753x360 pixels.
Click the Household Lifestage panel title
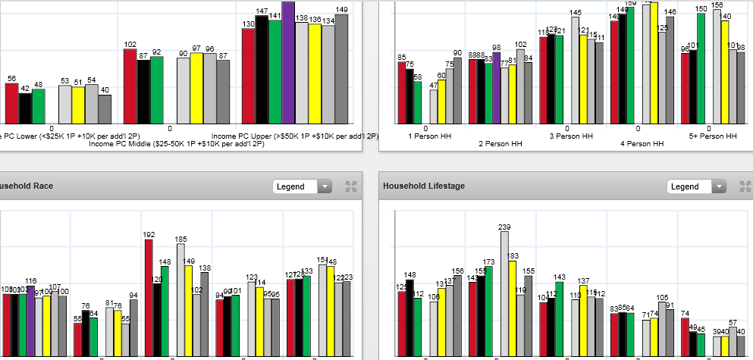tap(424, 186)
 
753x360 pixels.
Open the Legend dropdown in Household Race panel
tap(302, 186)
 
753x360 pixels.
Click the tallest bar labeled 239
tap(504, 293)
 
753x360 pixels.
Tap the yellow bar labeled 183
tap(513, 308)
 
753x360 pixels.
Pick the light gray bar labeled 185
tap(181, 299)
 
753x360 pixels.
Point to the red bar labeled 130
tap(249, 76)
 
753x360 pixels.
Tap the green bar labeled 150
tap(701, 68)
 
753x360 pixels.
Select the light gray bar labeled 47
tap(434, 107)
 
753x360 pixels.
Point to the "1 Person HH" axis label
tap(429, 136)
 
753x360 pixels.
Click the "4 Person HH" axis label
tap(642, 143)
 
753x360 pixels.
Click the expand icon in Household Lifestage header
tap(739, 186)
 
